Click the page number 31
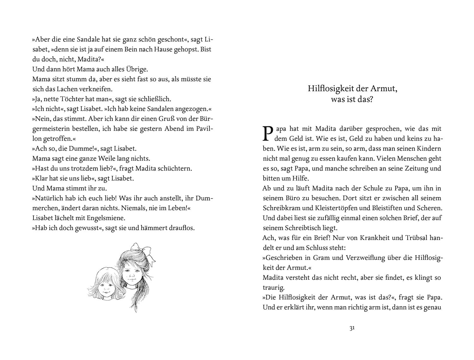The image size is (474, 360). pyautogui.click(x=352, y=328)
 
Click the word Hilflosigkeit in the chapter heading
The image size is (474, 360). pyautogui.click(x=328, y=89)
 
